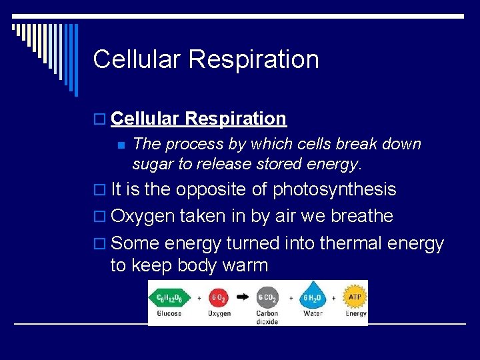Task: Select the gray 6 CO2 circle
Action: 267,297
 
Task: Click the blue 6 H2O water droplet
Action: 313,297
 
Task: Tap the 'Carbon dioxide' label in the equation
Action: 267,317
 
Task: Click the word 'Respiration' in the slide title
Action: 253,59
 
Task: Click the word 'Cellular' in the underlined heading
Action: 145,119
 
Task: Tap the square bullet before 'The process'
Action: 121,145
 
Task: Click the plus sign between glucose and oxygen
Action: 198,297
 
